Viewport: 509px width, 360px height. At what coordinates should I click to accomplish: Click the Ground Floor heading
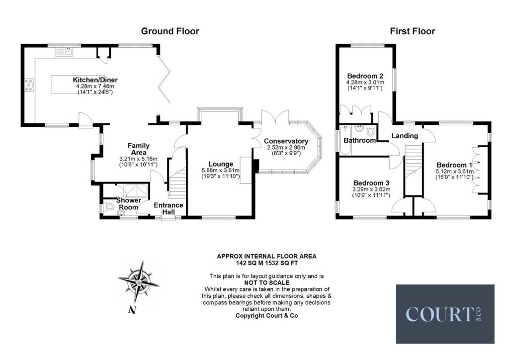(x=170, y=31)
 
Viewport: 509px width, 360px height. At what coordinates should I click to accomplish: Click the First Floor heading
(x=412, y=31)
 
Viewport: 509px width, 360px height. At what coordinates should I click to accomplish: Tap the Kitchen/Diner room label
(x=95, y=80)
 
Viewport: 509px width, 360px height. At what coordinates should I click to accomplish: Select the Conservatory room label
(x=286, y=141)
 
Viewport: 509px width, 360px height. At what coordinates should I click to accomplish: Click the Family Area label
(x=139, y=149)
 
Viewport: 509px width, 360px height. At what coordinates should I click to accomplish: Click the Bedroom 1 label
(x=454, y=165)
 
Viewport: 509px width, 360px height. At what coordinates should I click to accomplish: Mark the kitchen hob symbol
(x=28, y=86)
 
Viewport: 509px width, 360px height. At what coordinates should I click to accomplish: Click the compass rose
(x=139, y=282)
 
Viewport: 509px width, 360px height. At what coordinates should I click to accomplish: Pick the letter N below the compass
(x=132, y=311)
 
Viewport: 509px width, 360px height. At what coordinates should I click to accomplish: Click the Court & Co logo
(x=445, y=314)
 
